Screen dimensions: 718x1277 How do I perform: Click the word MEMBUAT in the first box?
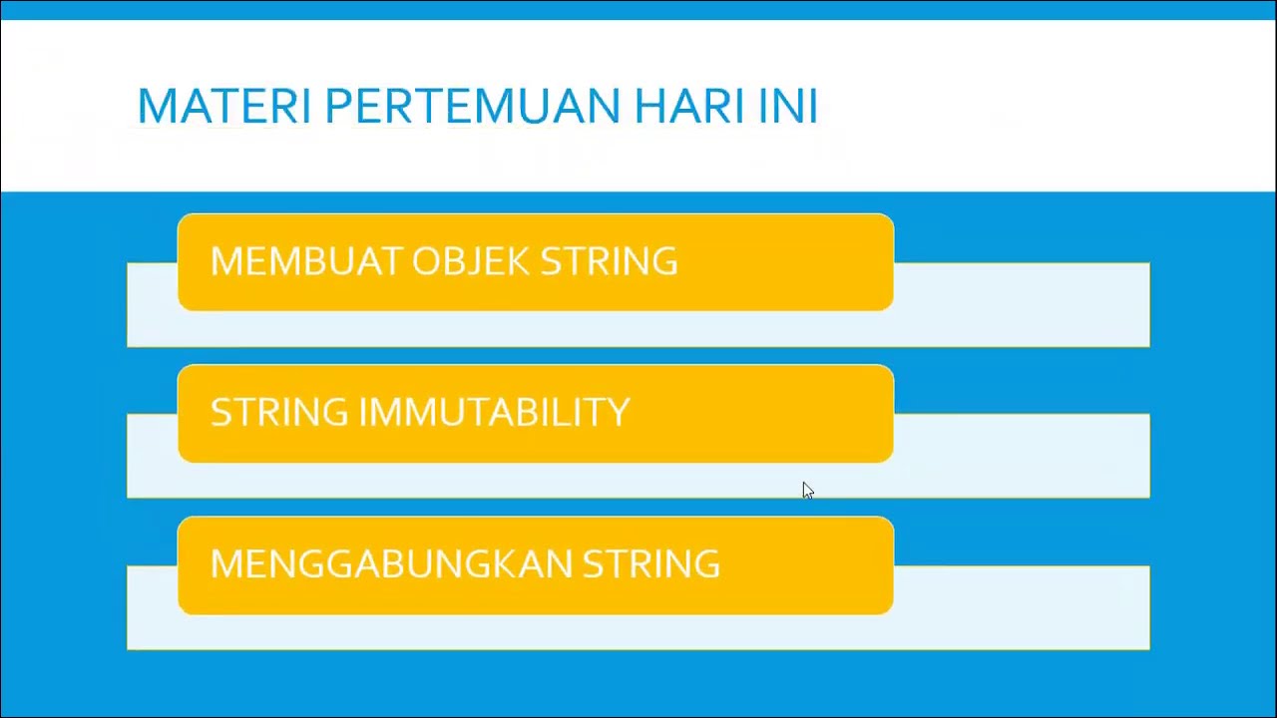pos(306,261)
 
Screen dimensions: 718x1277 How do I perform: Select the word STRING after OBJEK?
pos(609,261)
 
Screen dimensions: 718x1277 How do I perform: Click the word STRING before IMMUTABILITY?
pos(279,413)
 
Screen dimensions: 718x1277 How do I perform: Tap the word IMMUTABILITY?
pos(494,413)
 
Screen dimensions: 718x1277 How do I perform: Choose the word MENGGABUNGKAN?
pos(391,564)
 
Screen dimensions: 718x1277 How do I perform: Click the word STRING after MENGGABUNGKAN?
pos(650,564)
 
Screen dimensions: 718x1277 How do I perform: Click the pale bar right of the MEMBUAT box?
pos(1023,304)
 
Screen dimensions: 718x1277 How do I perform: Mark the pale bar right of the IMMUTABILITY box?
pos(1023,456)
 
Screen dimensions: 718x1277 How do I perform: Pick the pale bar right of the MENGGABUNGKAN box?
pos(1023,607)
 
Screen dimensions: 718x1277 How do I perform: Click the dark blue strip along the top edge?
pos(638,9)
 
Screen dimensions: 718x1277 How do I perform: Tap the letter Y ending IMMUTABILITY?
pos(620,413)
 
